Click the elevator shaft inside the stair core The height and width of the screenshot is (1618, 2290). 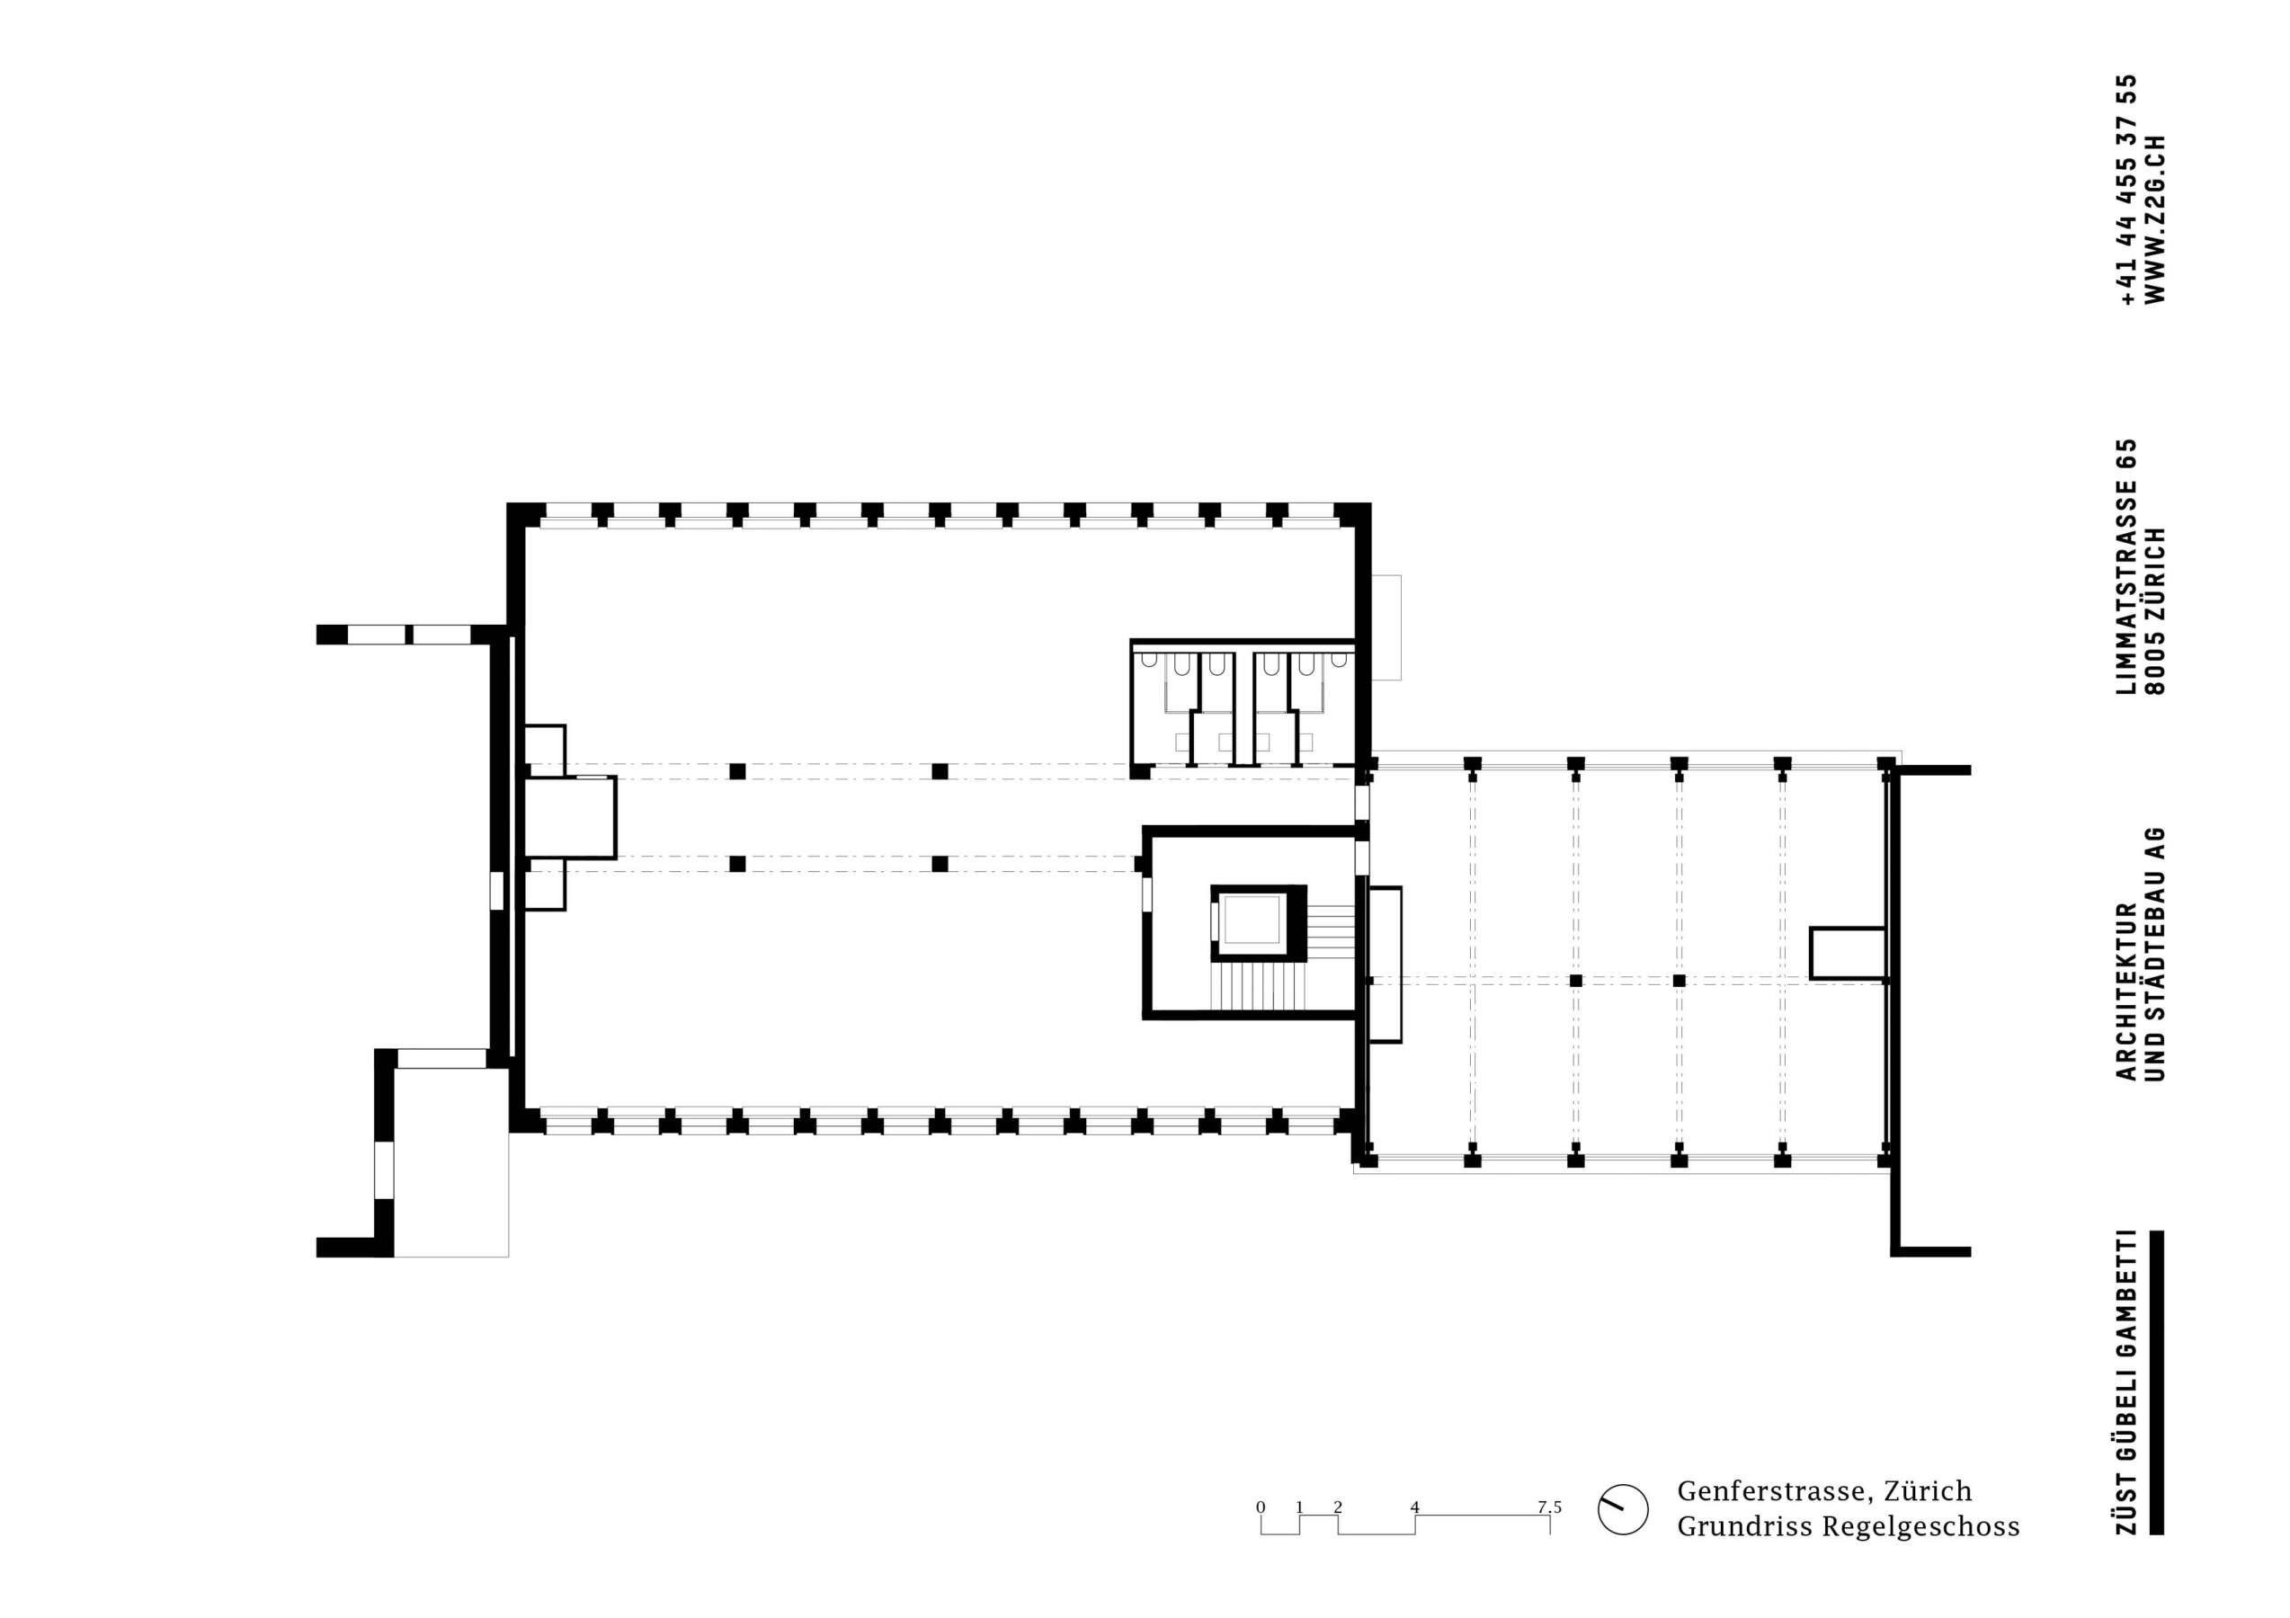pos(1251,920)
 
